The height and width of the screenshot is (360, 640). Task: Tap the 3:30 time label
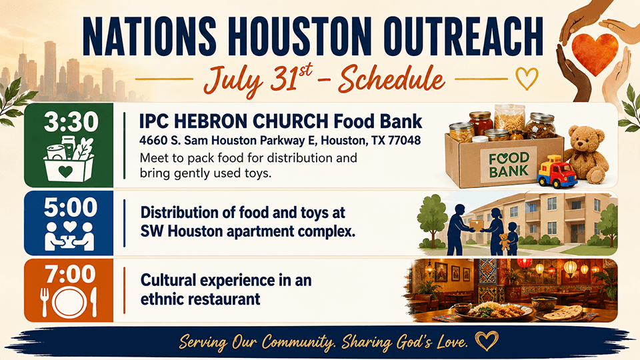(x=71, y=121)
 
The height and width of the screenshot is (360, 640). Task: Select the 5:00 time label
(x=71, y=207)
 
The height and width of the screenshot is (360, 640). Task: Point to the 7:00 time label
(x=70, y=273)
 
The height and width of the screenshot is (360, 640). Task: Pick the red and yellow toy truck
(x=556, y=171)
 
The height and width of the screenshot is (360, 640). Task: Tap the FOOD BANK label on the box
(x=509, y=165)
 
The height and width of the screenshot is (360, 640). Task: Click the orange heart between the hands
(x=595, y=53)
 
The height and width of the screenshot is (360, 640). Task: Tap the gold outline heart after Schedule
(x=527, y=78)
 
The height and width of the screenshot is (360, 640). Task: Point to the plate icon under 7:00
(x=69, y=303)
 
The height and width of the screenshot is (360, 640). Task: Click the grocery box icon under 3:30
(x=68, y=159)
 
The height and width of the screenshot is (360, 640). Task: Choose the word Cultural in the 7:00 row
(x=168, y=281)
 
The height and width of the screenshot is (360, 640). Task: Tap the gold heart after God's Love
(x=487, y=340)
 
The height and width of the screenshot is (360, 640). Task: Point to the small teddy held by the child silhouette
(x=505, y=241)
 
